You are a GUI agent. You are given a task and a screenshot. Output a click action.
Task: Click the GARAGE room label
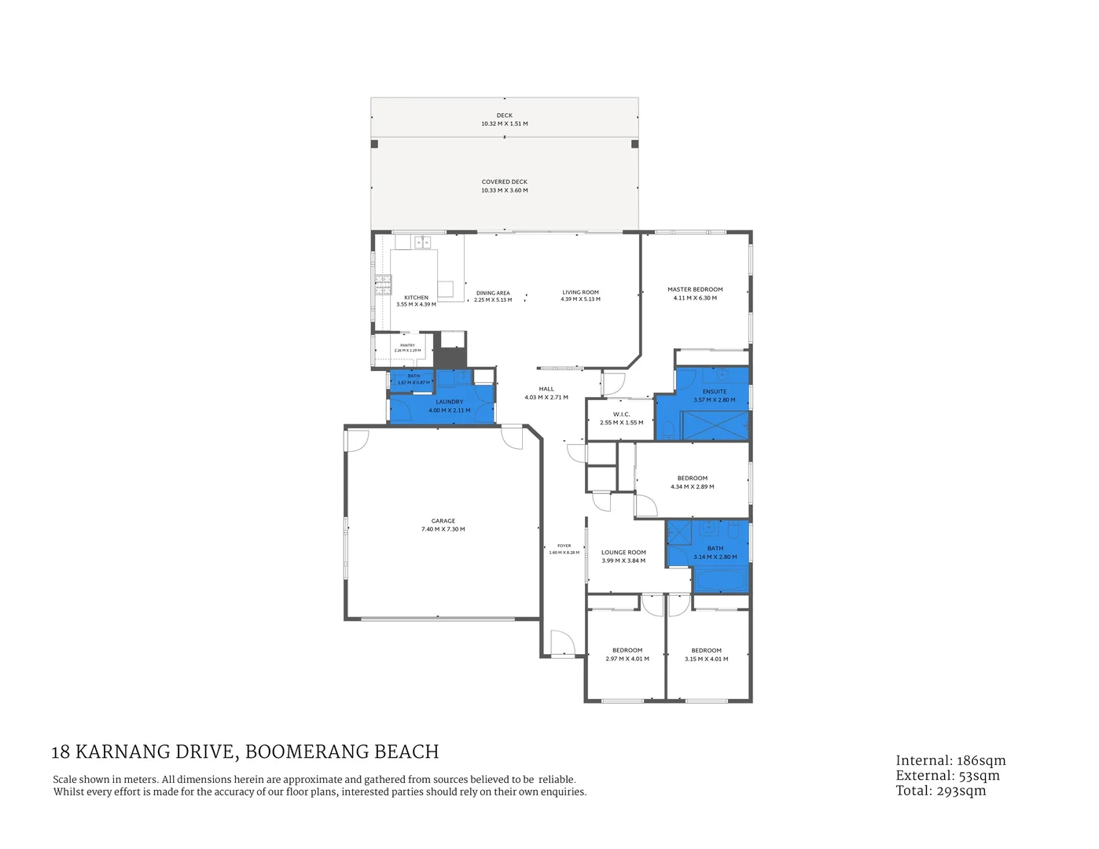coord(443,520)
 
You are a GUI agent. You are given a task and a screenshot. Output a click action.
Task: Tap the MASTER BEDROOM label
coord(695,289)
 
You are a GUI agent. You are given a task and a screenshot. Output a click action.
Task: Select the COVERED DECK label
coord(505,182)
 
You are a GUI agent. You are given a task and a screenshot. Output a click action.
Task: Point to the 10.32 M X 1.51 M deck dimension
coord(505,124)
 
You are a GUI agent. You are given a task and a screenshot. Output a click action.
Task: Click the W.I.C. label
coord(621,414)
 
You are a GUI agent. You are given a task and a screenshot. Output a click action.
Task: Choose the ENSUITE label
coord(715,391)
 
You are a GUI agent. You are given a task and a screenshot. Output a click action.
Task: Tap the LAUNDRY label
coord(450,402)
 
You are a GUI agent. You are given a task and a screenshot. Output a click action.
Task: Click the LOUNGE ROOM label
coord(623,553)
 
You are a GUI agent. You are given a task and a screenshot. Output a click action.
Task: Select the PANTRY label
coord(407,345)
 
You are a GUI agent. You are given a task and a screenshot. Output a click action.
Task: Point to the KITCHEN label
coord(416,298)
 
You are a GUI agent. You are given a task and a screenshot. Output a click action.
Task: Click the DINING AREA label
coord(493,293)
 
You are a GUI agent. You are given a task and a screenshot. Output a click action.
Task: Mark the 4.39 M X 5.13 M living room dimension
coord(580,300)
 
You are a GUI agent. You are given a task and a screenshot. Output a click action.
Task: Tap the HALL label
coord(546,389)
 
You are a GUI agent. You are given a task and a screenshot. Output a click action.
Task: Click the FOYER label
coord(564,546)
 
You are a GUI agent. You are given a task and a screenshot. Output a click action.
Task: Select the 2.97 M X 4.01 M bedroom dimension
coord(627,659)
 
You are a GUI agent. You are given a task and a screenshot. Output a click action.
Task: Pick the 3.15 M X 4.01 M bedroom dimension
coord(706,659)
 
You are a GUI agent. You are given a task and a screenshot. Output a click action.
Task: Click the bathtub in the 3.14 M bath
coord(721,581)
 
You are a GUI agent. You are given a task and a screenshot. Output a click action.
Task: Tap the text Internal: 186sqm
coord(950,760)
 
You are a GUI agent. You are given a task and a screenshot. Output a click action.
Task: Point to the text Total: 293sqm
coord(940,790)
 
